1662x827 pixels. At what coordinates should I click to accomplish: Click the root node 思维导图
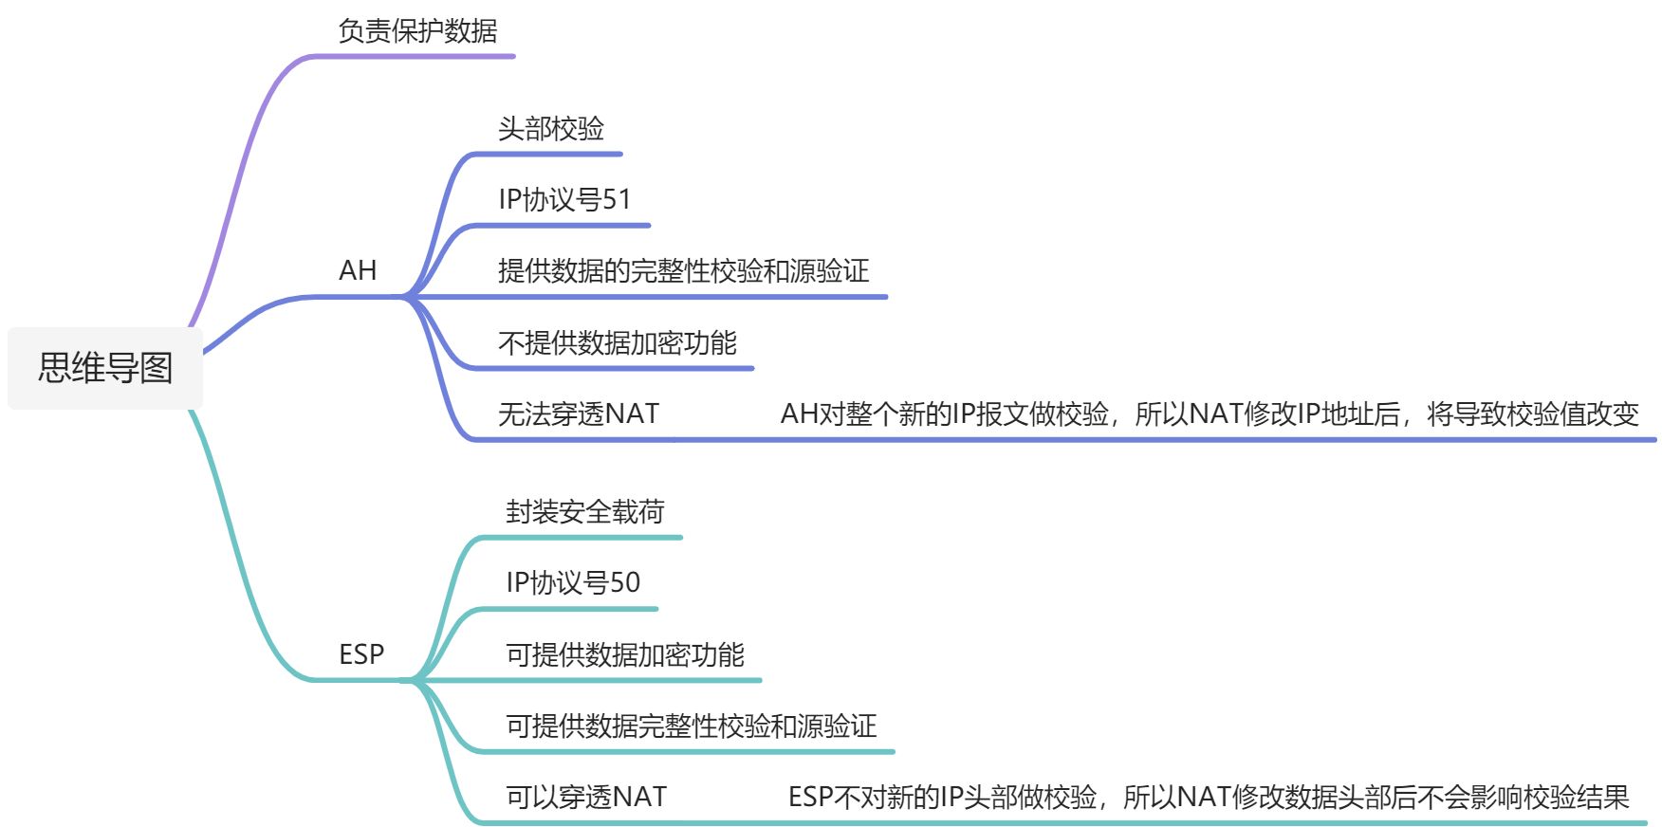tap(105, 368)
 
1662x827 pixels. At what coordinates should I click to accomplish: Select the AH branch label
tap(358, 271)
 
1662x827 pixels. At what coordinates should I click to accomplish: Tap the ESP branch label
tap(361, 654)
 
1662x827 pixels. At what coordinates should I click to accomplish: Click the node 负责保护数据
tap(417, 31)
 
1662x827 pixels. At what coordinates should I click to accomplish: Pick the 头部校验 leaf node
tap(551, 129)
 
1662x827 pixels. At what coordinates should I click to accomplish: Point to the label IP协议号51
tap(564, 200)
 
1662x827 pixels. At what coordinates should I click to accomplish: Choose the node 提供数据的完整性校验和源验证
tap(683, 271)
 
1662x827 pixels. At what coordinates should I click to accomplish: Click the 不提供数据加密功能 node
tap(617, 343)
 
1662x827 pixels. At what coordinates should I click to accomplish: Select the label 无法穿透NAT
tap(579, 414)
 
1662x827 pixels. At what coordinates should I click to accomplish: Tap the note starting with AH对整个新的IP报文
tap(1210, 414)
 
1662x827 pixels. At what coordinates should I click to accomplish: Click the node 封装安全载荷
tap(584, 512)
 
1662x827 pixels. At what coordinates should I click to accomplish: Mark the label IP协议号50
tap(573, 583)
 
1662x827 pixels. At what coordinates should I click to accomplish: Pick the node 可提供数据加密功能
tap(624, 654)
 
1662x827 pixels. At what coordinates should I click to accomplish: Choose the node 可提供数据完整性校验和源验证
tap(691, 726)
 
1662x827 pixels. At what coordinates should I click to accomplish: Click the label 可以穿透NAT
tap(586, 798)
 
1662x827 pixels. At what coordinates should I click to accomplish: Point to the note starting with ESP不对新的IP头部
tap(1209, 798)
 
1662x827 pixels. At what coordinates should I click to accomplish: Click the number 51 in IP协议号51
tap(617, 200)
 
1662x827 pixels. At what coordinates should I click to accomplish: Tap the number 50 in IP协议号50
tap(625, 583)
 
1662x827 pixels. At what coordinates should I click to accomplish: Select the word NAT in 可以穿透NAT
tap(639, 798)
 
